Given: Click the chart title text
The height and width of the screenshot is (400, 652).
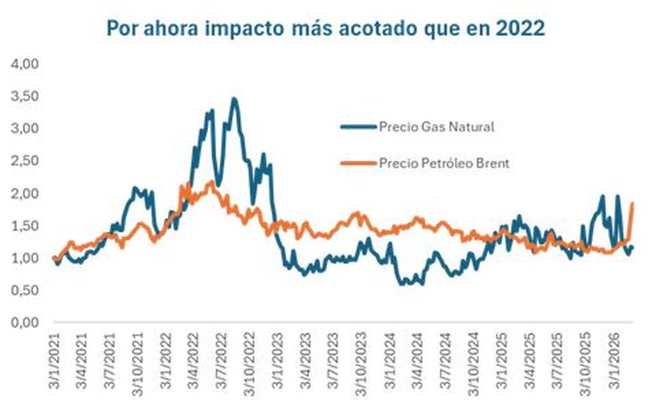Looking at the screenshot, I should (326, 28).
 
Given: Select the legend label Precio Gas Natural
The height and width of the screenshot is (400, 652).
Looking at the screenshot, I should (437, 126).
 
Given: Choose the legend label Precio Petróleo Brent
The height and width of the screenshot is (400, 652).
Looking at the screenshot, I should (448, 162).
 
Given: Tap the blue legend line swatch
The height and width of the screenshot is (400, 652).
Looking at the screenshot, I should (357, 126).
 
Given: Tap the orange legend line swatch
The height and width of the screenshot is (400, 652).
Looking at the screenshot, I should (357, 162).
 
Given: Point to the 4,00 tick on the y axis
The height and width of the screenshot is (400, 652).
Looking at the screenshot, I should (26, 64).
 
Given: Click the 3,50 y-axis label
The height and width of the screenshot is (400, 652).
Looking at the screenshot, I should (26, 96).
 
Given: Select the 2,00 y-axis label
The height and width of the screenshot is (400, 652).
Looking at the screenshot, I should (26, 193).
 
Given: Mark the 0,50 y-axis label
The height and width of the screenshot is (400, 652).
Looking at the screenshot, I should (26, 290).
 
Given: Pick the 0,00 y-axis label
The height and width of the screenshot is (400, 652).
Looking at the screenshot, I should (26, 322).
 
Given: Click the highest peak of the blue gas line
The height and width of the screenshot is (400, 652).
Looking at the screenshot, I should (234, 99).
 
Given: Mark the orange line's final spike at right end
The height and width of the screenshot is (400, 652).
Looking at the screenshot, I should (632, 204).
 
